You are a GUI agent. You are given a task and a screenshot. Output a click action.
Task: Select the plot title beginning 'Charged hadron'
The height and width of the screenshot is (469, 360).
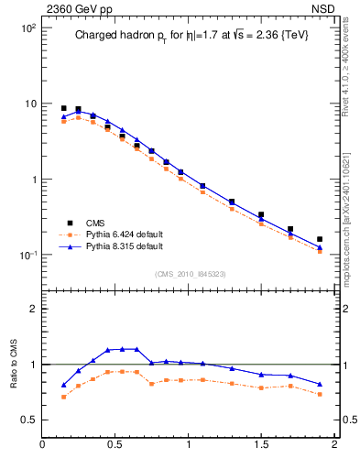coord(190,37)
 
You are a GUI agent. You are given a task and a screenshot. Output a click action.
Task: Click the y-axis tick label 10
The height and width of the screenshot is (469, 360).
coord(29,104)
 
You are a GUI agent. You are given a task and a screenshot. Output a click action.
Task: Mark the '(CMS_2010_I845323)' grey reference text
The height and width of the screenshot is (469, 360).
coord(190,273)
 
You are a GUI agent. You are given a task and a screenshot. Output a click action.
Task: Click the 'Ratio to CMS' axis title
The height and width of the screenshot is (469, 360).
coord(14,365)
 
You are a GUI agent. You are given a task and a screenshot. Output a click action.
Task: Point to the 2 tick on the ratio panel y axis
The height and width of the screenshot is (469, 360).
coord(32,309)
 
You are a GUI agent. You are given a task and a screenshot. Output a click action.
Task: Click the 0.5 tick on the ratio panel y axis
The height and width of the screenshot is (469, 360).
coord(27,420)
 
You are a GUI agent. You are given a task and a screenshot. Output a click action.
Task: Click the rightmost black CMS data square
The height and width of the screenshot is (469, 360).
coord(320,239)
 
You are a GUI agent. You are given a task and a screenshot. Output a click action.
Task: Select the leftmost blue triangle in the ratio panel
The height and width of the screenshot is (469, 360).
coord(63,385)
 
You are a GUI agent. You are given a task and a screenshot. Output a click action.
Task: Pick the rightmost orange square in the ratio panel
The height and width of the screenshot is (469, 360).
coord(320,394)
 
